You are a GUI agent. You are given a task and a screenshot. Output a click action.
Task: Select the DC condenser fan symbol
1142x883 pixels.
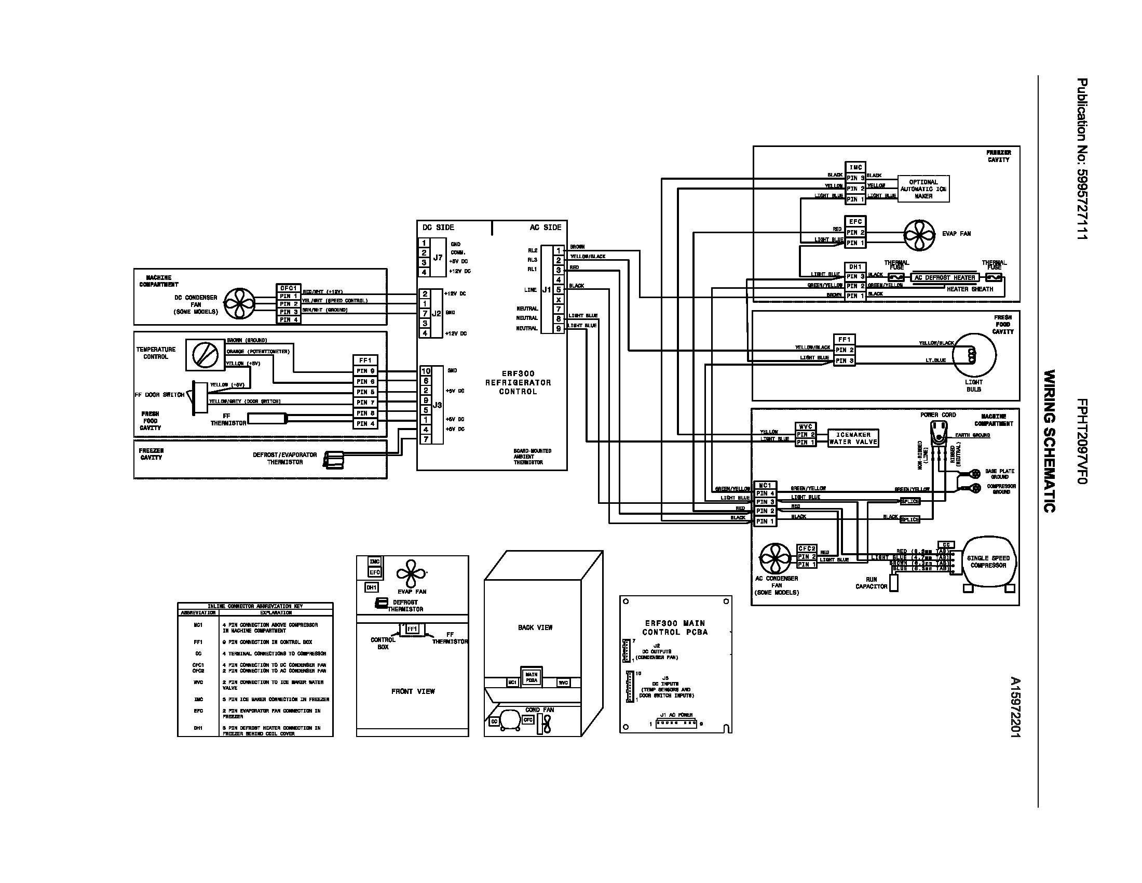click(240, 303)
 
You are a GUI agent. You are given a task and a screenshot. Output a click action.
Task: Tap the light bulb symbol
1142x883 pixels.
click(974, 355)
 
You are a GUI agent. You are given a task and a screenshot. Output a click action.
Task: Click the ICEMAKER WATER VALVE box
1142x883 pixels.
click(853, 438)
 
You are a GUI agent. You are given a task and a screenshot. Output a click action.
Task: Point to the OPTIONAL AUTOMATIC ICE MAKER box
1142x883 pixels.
click(923, 189)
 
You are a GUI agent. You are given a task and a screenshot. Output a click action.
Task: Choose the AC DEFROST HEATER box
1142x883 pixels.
click(945, 278)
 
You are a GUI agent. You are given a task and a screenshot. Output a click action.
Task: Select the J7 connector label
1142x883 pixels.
click(438, 257)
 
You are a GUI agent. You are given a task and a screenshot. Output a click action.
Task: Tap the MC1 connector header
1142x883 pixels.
click(765, 486)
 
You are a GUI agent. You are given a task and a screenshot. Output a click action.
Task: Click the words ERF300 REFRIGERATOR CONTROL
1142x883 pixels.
click(518, 382)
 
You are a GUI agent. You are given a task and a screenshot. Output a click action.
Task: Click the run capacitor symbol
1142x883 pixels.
click(894, 583)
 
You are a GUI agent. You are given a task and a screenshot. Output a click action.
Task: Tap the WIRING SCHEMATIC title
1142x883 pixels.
click(1049, 441)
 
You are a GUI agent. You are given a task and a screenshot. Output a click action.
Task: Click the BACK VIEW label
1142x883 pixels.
click(535, 627)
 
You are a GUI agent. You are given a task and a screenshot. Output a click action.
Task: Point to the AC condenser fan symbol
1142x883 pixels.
click(776, 558)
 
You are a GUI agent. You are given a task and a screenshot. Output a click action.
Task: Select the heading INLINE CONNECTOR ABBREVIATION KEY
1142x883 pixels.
click(255, 606)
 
